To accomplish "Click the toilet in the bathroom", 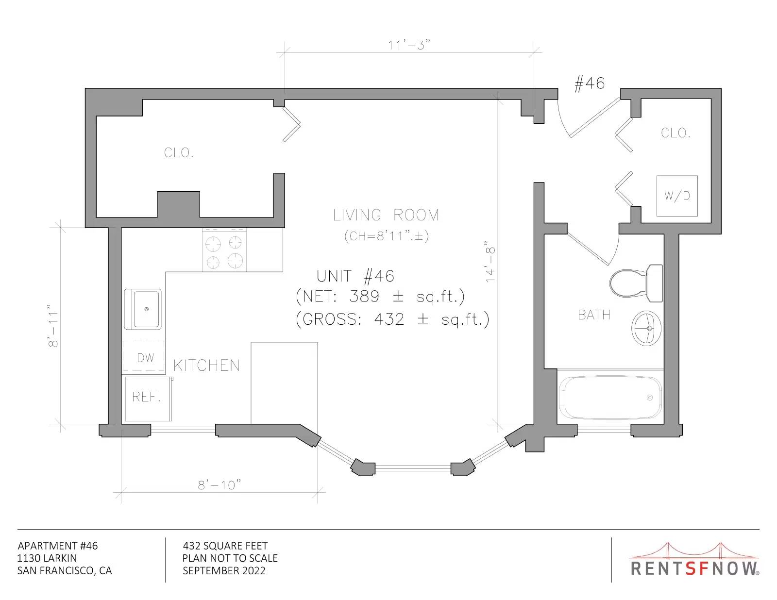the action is (636, 283).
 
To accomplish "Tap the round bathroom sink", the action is (646, 328).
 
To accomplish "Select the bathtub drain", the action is (650, 398).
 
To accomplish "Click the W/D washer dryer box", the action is (677, 196).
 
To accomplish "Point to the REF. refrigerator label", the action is (146, 397).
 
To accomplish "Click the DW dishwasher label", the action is (146, 358).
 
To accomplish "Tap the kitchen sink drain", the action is (146, 309).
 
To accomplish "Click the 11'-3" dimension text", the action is (409, 45).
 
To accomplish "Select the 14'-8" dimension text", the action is (490, 261).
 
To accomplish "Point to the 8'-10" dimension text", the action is (220, 485).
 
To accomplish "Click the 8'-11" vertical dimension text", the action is (53, 326).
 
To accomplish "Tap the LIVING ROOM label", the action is (386, 215).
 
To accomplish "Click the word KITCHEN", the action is (207, 366).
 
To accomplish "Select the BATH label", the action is (594, 315).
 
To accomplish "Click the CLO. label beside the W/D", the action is (676, 133).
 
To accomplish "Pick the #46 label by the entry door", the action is (589, 83).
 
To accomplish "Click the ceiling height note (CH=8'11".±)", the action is (386, 236).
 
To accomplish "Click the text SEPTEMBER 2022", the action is (224, 571).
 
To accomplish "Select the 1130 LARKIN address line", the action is (47, 558).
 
